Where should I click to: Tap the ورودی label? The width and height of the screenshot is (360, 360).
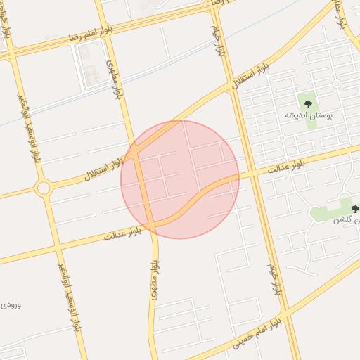tap(10, 304)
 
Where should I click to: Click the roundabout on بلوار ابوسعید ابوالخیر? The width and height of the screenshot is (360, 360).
tap(44, 188)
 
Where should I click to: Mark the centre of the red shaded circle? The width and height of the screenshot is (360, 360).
tap(180, 179)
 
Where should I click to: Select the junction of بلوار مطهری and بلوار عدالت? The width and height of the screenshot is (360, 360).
tap(151, 225)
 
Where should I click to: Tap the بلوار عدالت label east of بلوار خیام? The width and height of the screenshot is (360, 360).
tap(290, 166)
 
